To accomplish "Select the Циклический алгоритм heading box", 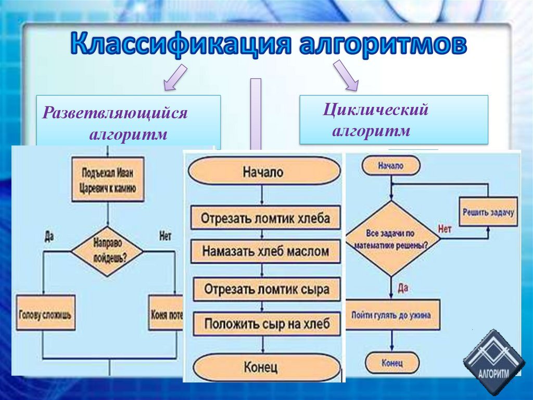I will [393, 120].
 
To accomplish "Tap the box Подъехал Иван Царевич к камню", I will [108, 179].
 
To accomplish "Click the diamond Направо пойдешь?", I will [107, 250].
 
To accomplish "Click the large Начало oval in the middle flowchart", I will [264, 172].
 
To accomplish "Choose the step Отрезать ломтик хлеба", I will [265, 218].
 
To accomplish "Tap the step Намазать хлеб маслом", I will [265, 251].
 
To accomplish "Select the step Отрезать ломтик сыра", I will [266, 288].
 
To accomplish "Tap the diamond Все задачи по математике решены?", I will [390, 239].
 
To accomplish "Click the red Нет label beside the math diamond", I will [445, 228].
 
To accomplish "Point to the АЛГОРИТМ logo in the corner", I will [491, 362].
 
